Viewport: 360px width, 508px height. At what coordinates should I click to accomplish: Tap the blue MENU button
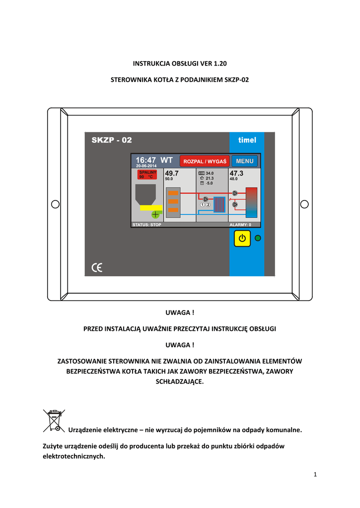point(244,161)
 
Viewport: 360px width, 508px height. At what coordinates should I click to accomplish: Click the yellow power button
point(242,239)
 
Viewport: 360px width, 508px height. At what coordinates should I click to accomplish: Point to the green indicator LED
point(258,239)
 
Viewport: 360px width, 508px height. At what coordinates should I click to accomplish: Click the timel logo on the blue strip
point(247,140)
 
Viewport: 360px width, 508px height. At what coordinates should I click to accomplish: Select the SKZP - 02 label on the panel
point(112,140)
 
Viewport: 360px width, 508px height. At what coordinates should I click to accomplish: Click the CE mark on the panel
point(97,268)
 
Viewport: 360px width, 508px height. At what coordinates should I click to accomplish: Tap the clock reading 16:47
point(146,160)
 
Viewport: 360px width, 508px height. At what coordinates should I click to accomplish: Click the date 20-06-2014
point(146,166)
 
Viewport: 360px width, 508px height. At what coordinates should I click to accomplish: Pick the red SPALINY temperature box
point(147,174)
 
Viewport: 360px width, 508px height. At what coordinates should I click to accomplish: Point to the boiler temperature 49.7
point(172,173)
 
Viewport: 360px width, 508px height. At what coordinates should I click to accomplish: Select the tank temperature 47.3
point(236,173)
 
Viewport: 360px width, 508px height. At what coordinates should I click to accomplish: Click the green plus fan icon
point(156,214)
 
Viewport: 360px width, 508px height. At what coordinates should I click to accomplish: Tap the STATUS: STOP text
point(146,225)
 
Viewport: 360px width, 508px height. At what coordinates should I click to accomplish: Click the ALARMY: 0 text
point(240,225)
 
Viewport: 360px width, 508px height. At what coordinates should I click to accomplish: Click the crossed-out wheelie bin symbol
point(54,420)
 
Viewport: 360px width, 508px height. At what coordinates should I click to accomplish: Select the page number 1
point(315,475)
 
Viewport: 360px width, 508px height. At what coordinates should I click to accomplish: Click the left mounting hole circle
point(55,204)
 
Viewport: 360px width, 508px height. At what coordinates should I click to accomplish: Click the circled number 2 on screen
point(209,204)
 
